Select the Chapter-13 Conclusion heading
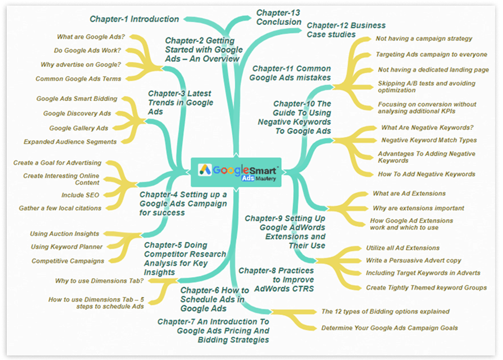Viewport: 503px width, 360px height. (278, 17)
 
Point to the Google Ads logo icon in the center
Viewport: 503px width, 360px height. (205, 169)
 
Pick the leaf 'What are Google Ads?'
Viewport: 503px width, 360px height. (91, 37)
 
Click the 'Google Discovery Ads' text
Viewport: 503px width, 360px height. (77, 113)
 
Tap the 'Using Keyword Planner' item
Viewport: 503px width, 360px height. (67, 247)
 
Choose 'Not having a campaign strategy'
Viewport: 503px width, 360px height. (424, 39)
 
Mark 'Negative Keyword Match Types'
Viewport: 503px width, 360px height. (429, 140)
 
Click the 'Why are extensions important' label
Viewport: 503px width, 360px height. (418, 208)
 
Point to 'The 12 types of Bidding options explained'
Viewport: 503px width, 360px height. (385, 311)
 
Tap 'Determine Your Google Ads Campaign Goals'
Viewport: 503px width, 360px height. (389, 328)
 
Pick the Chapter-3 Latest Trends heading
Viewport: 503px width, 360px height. (180, 102)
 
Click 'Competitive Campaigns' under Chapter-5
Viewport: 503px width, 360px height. (67, 261)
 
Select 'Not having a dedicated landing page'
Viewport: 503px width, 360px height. (433, 70)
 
